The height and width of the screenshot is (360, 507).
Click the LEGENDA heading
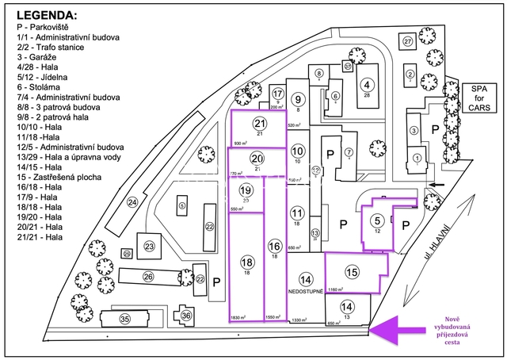point(48,15)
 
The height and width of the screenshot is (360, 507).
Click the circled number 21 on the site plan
point(260,124)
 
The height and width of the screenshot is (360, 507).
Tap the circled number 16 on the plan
point(275,246)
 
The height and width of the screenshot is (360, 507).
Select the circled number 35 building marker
point(124,319)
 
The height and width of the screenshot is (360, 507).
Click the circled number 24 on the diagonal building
point(132,203)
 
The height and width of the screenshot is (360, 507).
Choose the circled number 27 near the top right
point(408,40)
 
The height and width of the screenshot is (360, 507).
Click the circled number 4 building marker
point(367,85)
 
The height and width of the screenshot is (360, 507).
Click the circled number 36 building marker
point(187,316)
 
